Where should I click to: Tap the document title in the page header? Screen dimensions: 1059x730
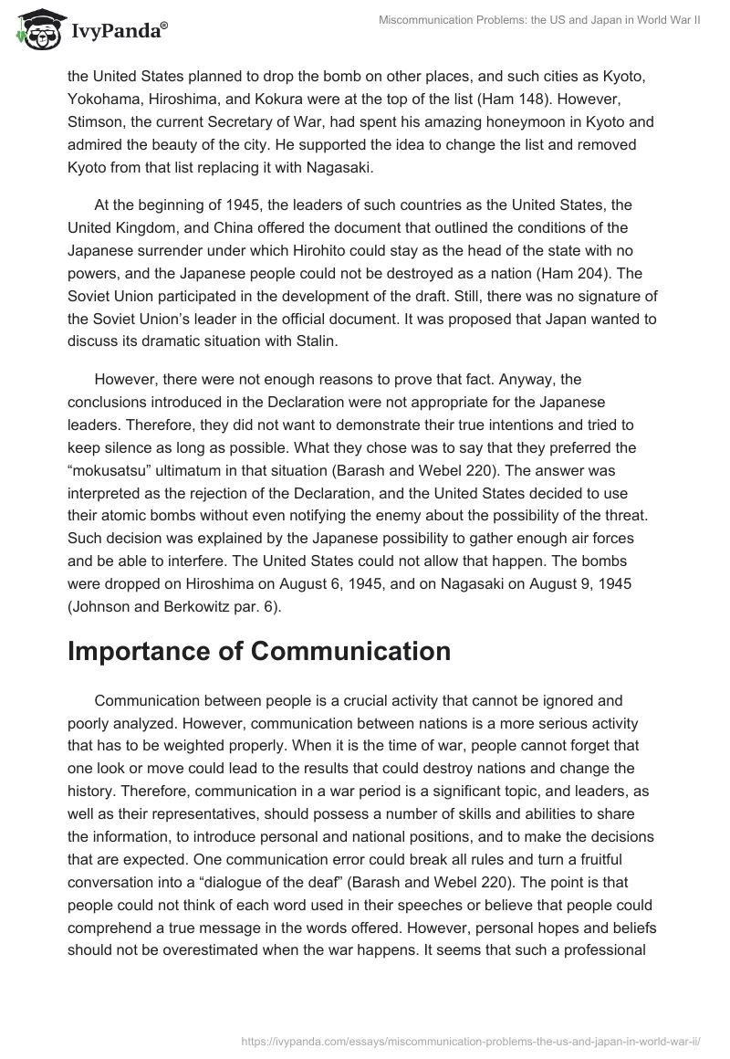click(539, 19)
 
